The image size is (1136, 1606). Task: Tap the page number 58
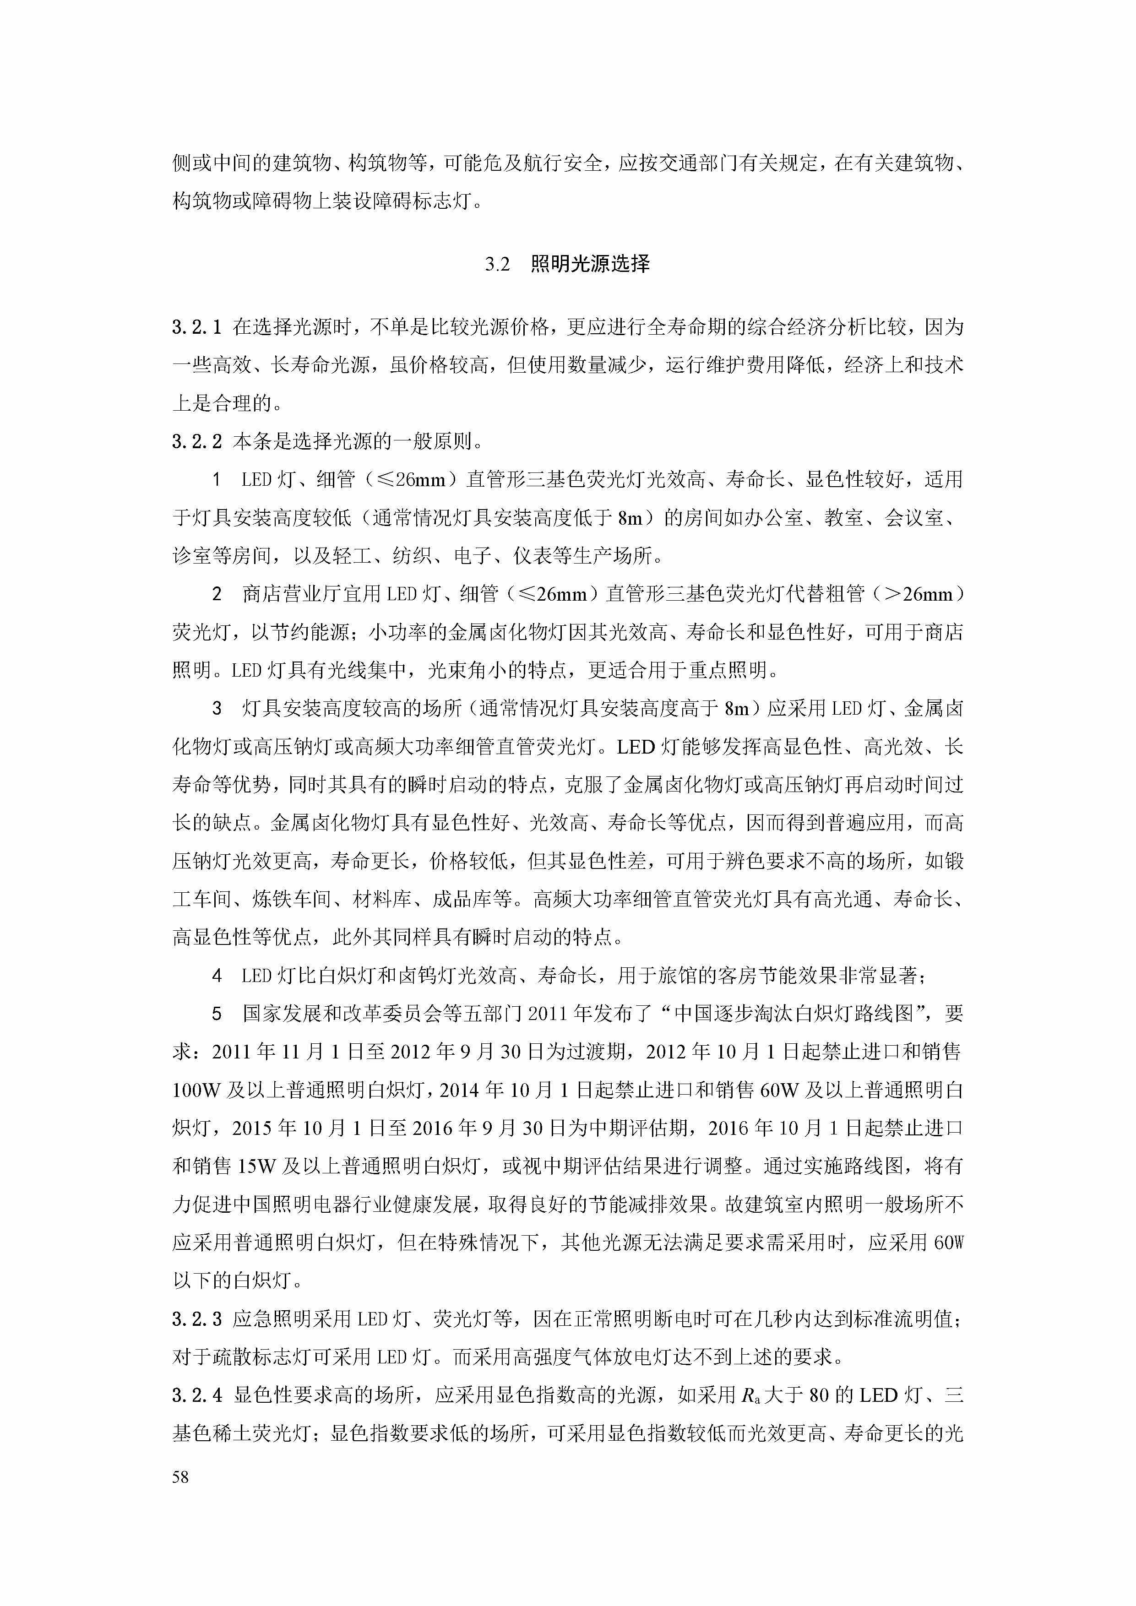click(x=180, y=1476)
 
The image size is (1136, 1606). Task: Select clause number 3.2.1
click(x=197, y=327)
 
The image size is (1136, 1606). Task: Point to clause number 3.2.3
click(x=197, y=1319)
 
